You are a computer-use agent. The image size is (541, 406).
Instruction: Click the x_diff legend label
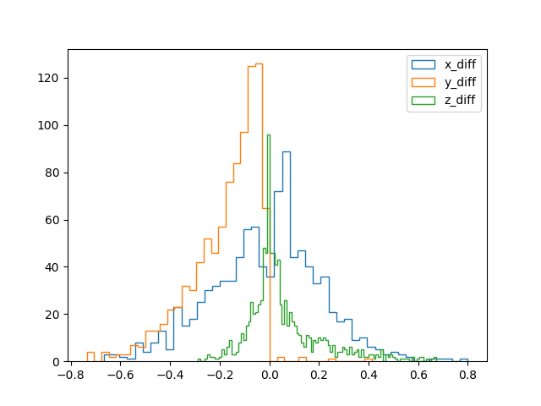pyautogui.click(x=460, y=64)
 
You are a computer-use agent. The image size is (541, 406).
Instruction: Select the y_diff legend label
pyautogui.click(x=460, y=82)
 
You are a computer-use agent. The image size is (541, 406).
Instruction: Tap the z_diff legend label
pyautogui.click(x=460, y=100)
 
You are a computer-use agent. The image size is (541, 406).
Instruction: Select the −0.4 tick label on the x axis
pyautogui.click(x=167, y=374)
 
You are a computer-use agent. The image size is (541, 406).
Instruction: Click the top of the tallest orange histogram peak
pyautogui.click(x=259, y=63)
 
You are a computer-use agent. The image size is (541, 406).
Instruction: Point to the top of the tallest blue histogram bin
pyautogui.click(x=287, y=151)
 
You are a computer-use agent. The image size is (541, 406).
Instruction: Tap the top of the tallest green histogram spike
pyautogui.click(x=269, y=135)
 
